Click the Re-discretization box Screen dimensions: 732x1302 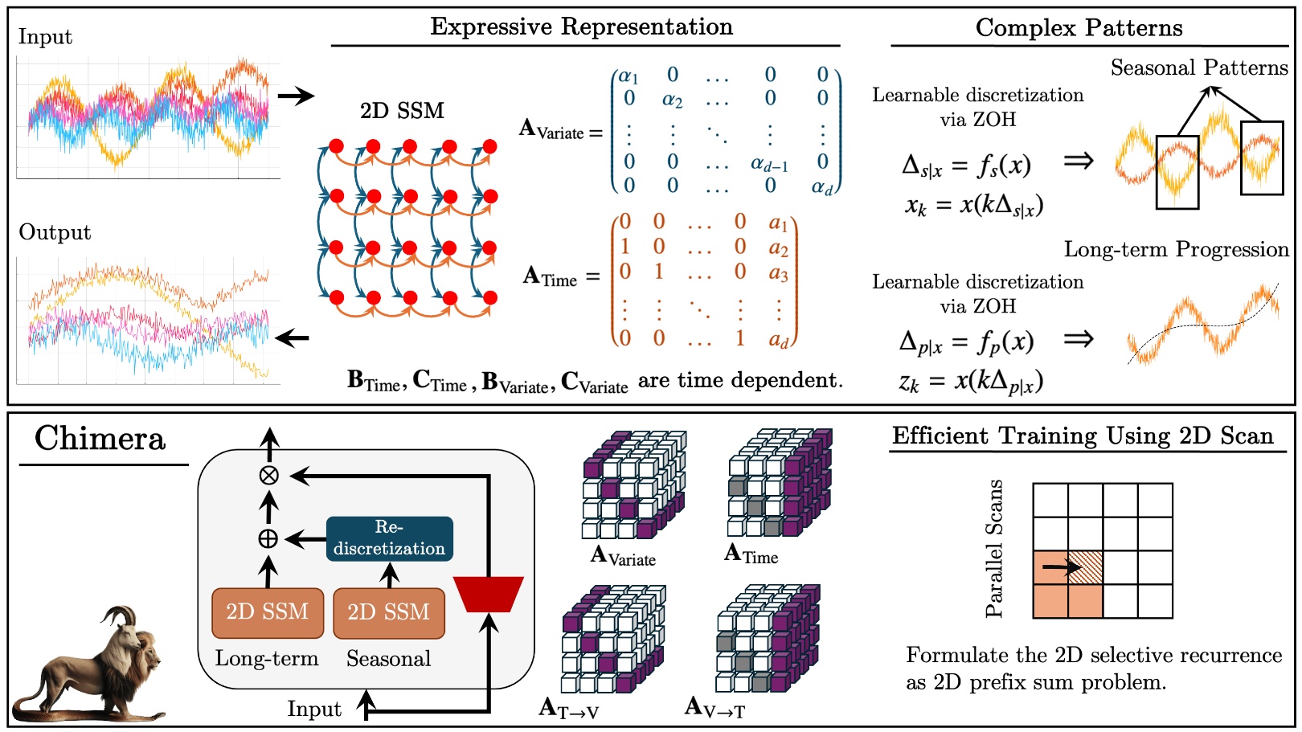[389, 538]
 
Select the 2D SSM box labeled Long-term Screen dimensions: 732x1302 [268, 612]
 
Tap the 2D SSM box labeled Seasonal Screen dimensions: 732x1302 [388, 612]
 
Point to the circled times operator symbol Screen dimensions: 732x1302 [268, 475]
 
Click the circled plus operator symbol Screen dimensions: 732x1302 [268, 538]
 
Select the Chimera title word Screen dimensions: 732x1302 [100, 439]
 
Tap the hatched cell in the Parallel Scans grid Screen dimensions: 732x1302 [1085, 567]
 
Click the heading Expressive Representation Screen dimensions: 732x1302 [581, 27]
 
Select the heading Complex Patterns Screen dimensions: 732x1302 [1079, 28]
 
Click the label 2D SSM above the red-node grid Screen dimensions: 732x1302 [402, 111]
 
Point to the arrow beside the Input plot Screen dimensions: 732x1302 [295, 96]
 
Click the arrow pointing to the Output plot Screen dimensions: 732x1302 [293, 337]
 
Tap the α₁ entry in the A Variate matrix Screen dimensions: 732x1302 [628, 76]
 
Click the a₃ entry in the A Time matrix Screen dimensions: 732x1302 [778, 273]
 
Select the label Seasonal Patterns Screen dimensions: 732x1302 [1198, 67]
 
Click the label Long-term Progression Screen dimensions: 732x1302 [1176, 249]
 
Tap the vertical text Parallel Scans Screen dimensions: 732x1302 [994, 549]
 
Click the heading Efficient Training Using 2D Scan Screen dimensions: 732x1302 [1083, 436]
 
